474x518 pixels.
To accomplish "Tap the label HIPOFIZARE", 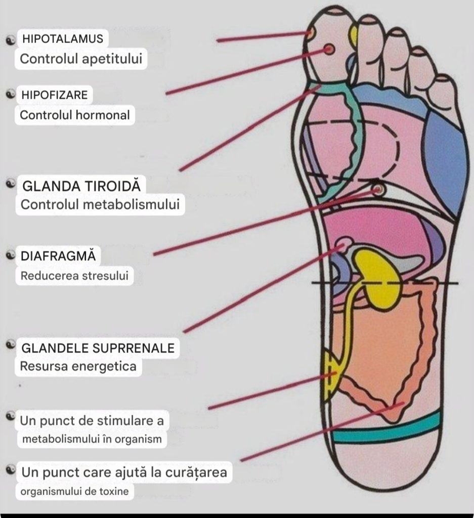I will tap(54, 95).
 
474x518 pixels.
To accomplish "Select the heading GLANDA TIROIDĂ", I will tap(80, 186).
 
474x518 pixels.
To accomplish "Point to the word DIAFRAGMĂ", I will tap(58, 256).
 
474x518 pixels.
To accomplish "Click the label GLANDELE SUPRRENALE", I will tap(98, 348).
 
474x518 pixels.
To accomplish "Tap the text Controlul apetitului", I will tap(80, 59).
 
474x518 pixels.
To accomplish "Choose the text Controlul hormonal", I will tap(75, 115).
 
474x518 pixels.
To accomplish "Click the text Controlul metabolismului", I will tap(100, 205).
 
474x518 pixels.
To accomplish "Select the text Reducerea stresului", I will tap(74, 276).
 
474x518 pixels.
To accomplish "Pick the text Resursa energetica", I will tap(78, 367).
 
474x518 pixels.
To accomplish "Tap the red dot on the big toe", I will tap(329, 49).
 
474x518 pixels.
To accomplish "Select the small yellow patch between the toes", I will tap(354, 35).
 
